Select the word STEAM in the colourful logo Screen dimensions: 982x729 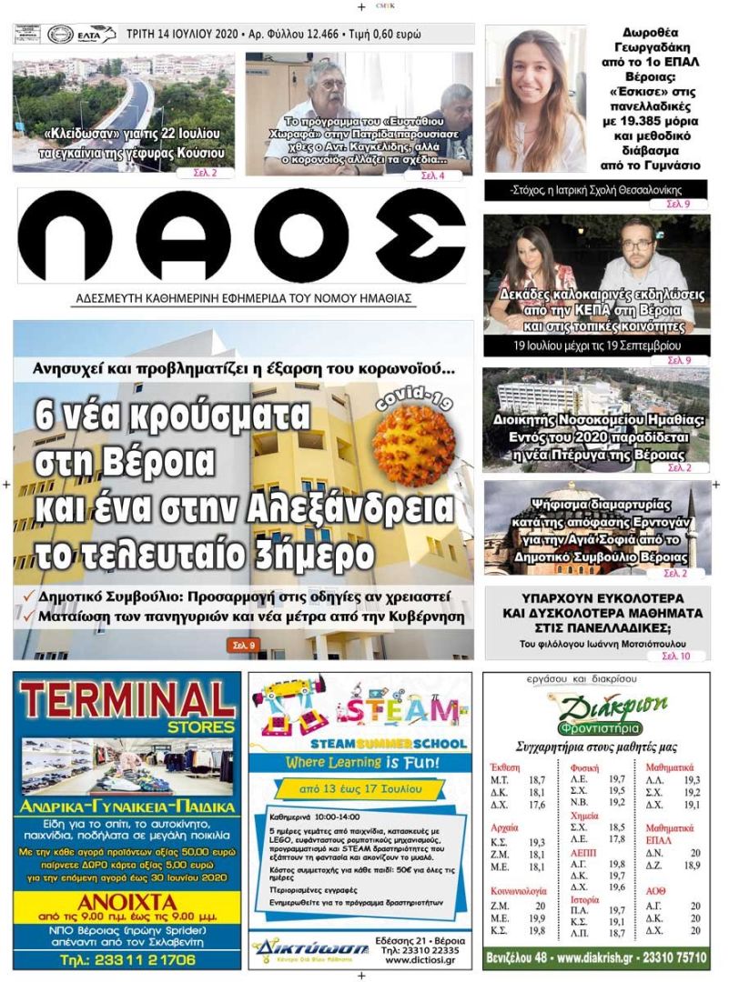409,709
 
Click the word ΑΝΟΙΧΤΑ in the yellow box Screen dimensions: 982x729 127,902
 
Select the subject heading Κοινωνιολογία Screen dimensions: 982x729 520,891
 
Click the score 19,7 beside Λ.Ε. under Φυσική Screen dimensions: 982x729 616,779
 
